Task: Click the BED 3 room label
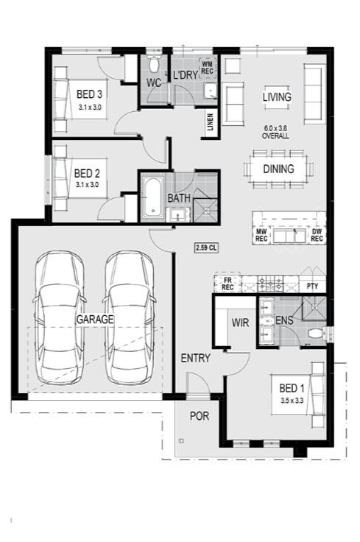[x=89, y=94]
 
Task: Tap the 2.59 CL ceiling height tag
[x=206, y=247]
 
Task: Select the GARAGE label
[x=95, y=319]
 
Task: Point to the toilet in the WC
[x=153, y=65]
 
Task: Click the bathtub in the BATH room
[x=153, y=197]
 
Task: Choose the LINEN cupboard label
[x=210, y=122]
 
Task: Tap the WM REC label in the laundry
[x=208, y=68]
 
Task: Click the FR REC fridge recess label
[x=227, y=284]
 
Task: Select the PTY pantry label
[x=312, y=286]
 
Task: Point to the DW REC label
[x=317, y=235]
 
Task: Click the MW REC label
[x=261, y=235]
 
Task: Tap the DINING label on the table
[x=278, y=169]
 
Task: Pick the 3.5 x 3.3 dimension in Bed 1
[x=292, y=401]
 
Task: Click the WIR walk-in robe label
[x=240, y=323]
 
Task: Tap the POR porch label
[x=200, y=416]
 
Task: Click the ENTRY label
[x=196, y=359]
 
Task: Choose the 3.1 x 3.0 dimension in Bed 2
[x=87, y=185]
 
